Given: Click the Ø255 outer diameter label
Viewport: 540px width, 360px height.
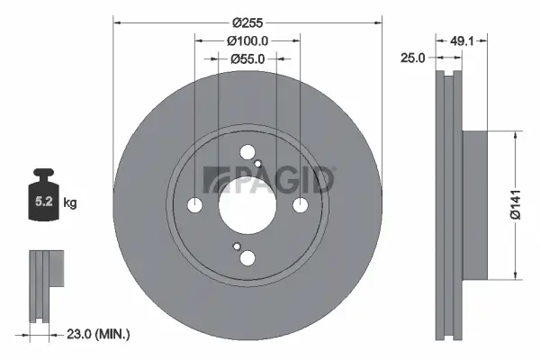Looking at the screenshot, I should tap(248, 22).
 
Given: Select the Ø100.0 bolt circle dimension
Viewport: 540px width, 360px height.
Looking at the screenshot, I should tap(248, 40).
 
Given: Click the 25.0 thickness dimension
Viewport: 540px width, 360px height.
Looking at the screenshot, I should tap(413, 58).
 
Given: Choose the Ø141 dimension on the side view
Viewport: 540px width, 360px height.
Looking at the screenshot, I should tap(527, 205).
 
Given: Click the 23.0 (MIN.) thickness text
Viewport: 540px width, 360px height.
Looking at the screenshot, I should tap(100, 334).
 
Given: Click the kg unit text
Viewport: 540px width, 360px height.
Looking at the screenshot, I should tap(71, 203).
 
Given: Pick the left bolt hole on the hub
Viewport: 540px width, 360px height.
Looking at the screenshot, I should tap(195, 205).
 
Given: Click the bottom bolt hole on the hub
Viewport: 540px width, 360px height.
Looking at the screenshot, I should tap(247, 258).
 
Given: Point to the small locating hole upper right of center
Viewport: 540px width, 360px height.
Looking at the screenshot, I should tap(258, 164).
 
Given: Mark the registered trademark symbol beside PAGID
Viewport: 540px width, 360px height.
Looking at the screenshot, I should tap(335, 167).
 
